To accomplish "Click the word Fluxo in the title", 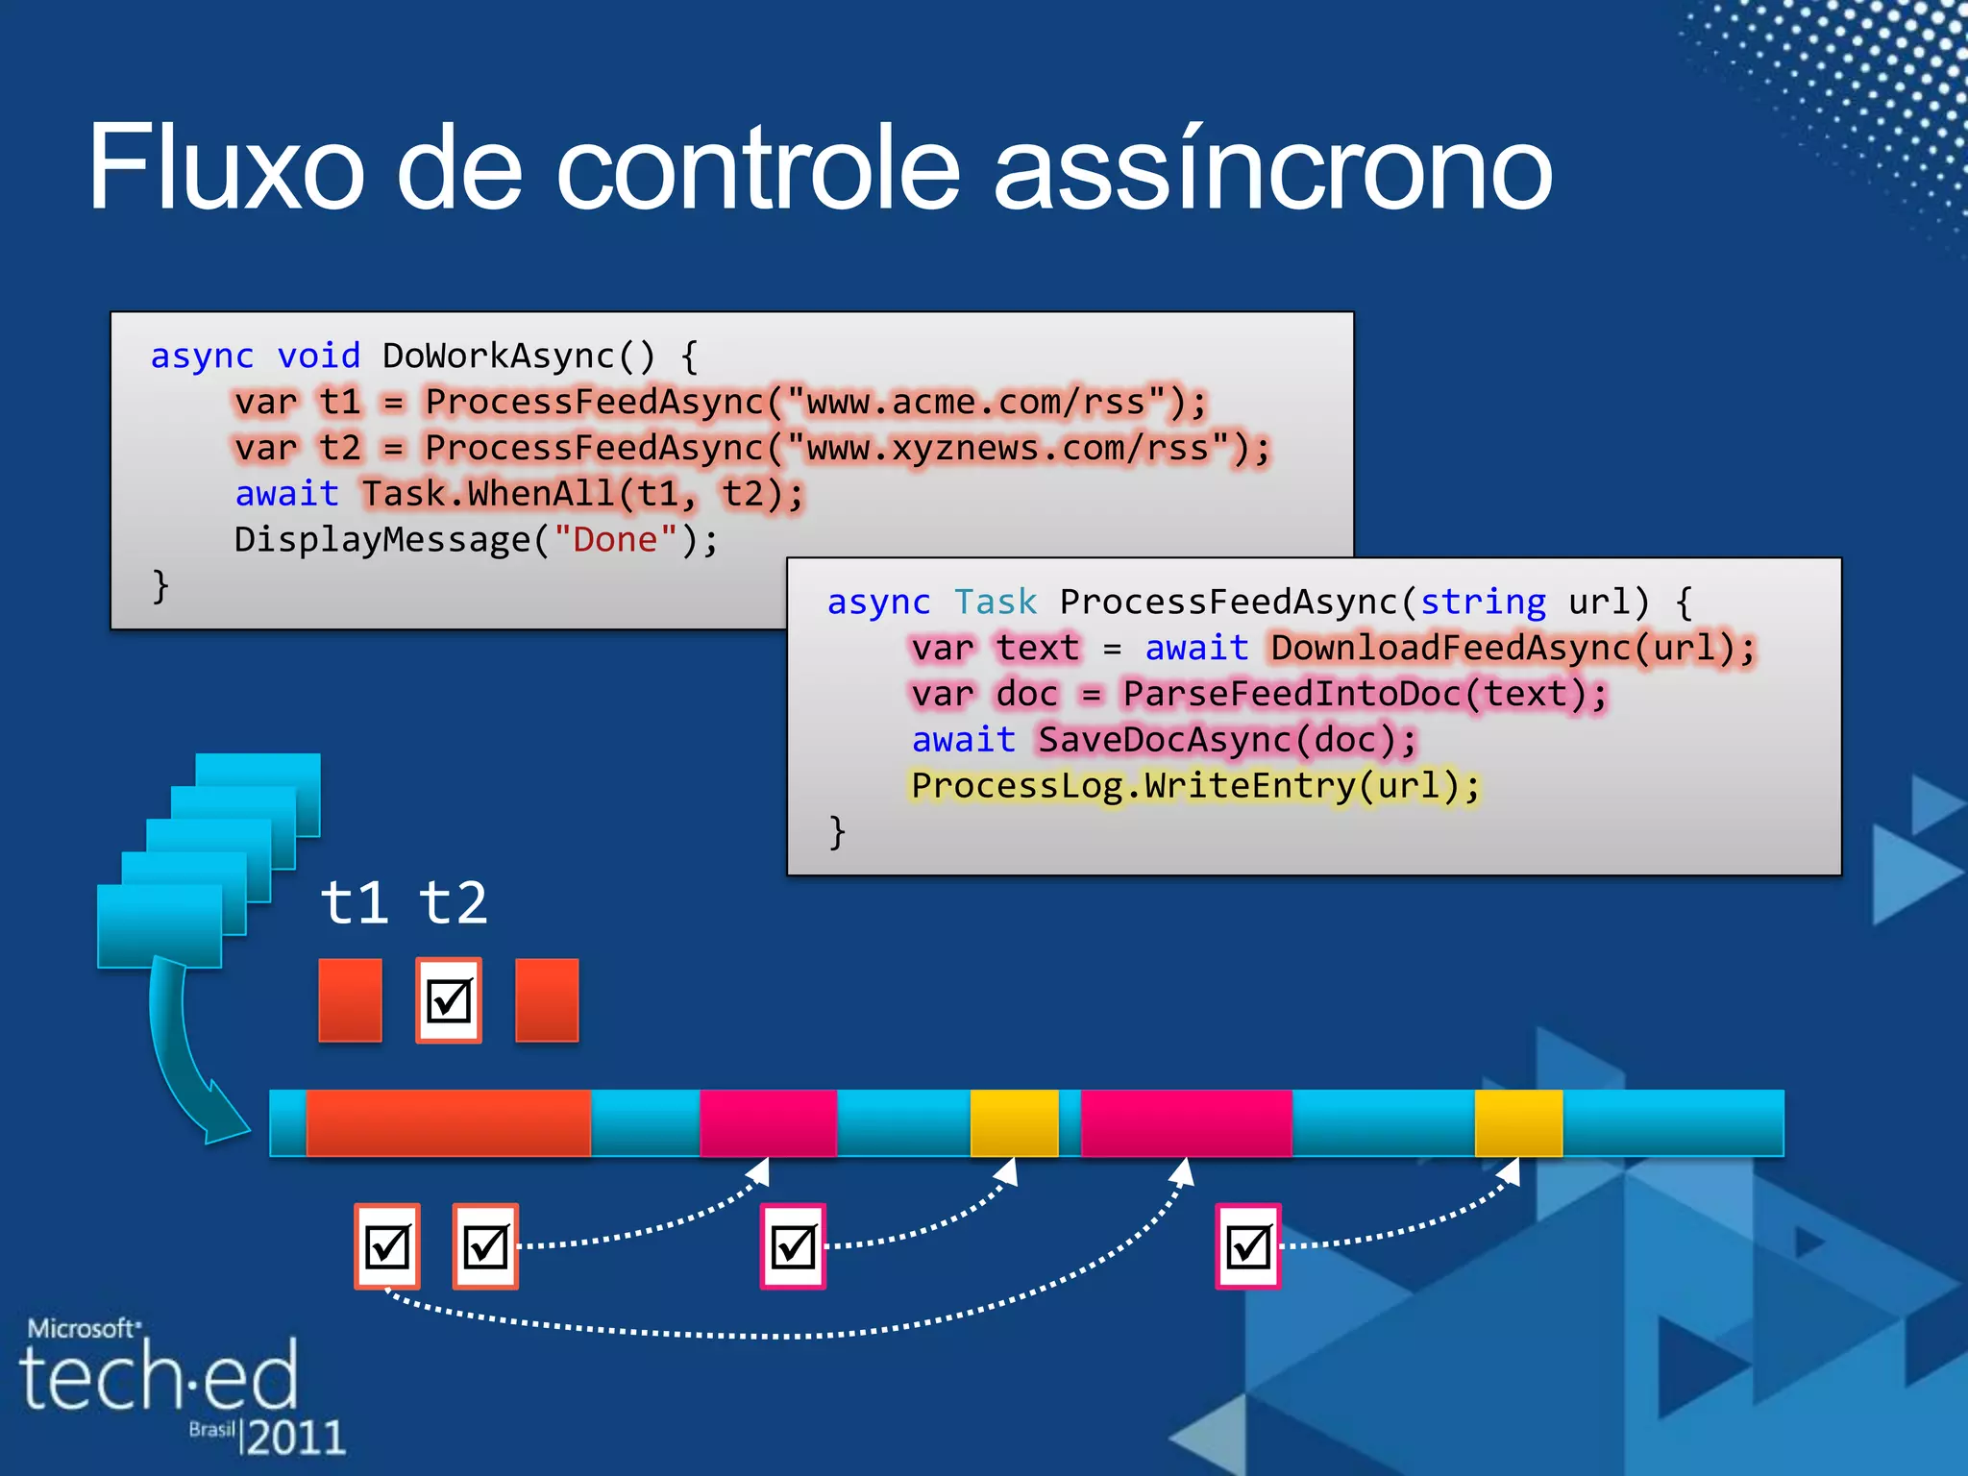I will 226,168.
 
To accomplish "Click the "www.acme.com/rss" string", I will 976,403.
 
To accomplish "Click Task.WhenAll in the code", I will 488,495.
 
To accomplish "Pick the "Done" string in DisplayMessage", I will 615,540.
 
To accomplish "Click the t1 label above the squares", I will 354,903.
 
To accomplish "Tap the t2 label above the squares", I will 453,903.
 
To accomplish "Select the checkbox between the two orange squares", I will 449,1000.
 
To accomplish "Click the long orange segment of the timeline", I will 448,1122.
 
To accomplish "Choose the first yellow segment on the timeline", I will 1014,1122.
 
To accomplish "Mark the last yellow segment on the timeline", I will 1518,1122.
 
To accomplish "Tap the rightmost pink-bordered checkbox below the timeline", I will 1247,1246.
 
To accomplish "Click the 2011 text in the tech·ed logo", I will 295,1438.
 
